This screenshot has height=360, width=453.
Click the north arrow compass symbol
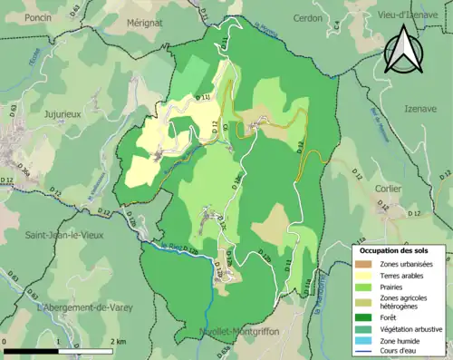404,49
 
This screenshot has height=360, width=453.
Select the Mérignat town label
144,21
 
